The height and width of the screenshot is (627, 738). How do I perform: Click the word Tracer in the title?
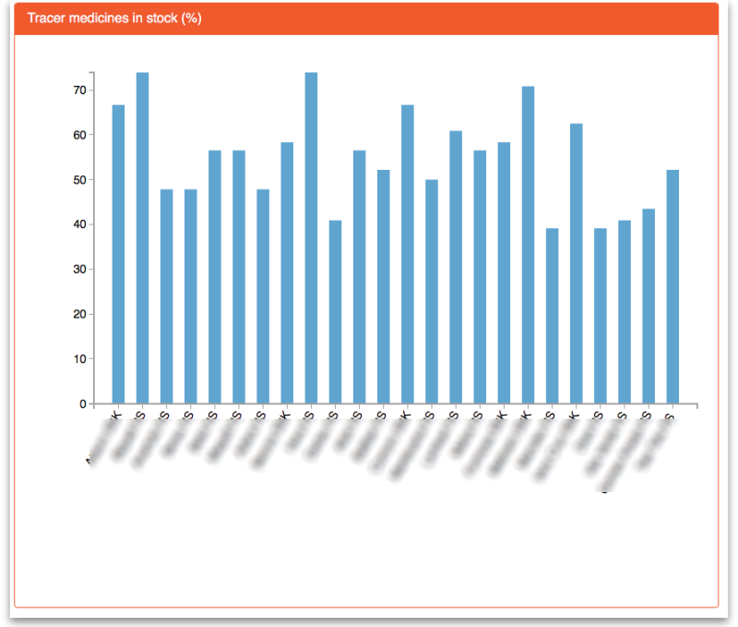point(45,18)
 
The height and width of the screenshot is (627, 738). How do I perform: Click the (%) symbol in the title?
point(192,18)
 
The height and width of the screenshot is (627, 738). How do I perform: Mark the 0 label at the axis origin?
point(82,404)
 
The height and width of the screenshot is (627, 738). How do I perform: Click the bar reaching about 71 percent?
point(528,245)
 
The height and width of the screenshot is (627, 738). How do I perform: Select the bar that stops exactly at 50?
point(432,292)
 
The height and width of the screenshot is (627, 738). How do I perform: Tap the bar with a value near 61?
point(456,268)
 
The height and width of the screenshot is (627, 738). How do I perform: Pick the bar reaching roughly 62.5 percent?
point(577,264)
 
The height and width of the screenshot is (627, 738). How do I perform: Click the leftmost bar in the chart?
point(118,254)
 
